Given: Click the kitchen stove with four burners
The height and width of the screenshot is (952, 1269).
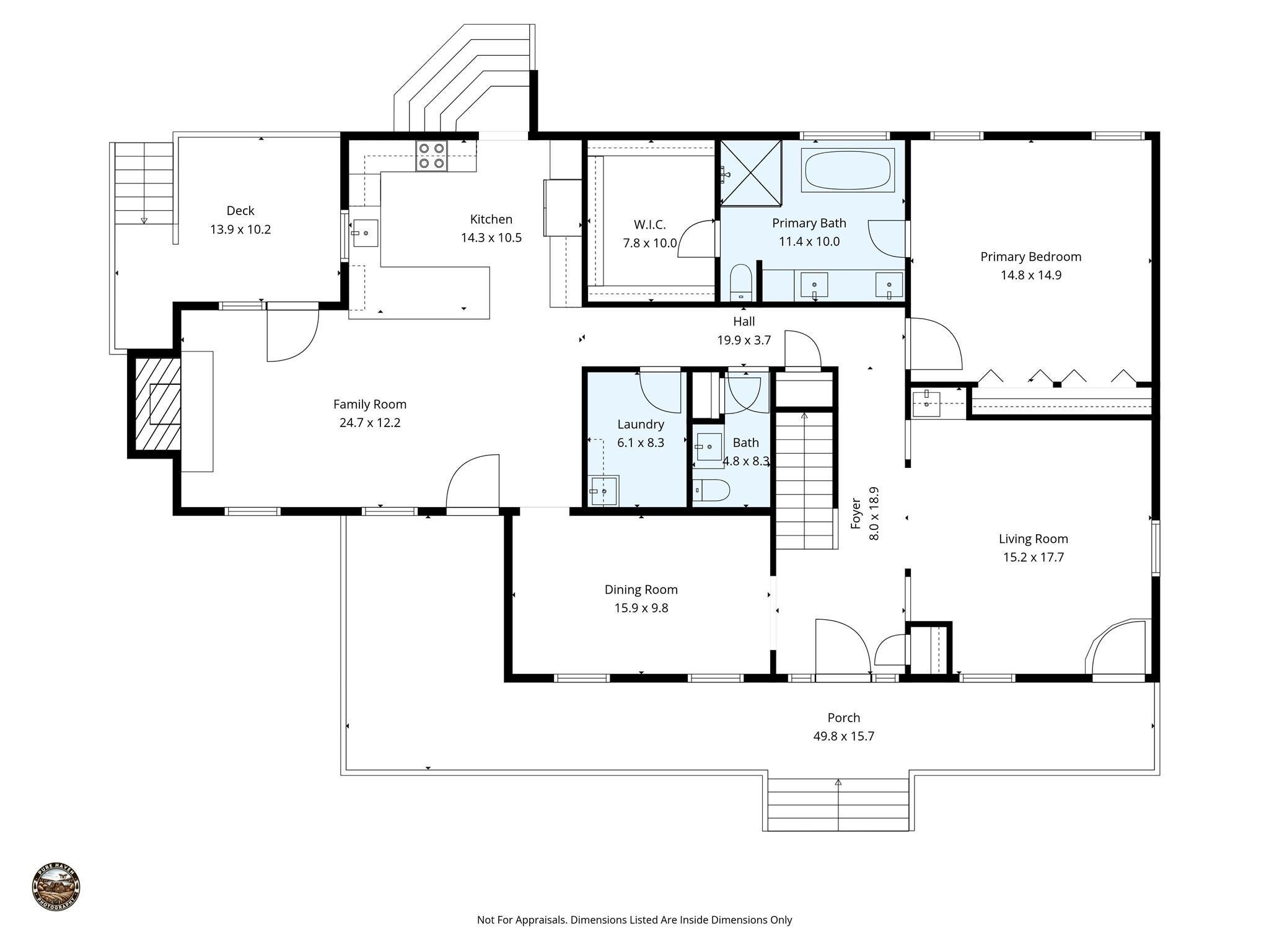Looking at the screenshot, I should (431, 156).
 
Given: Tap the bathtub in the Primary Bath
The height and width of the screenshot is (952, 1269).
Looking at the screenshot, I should (848, 170).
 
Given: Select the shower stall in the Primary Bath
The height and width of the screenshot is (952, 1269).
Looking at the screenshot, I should (750, 173).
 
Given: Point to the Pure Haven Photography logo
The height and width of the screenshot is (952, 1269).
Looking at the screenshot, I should (56, 887).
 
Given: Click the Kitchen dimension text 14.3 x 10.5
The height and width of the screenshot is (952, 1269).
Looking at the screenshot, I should (491, 238).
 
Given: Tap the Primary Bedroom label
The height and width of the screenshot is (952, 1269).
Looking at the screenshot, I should (1030, 257).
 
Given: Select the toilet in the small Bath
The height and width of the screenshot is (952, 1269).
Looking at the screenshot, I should (711, 490).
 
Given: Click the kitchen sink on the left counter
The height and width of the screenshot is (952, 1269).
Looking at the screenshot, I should (365, 233).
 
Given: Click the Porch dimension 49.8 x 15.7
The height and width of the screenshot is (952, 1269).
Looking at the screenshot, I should (843, 736).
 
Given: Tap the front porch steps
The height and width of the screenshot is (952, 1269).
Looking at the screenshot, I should (838, 805).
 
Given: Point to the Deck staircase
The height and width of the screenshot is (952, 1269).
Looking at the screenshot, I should (144, 183).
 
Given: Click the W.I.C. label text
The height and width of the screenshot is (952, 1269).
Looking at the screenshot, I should (649, 224).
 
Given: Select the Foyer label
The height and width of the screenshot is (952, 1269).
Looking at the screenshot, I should (856, 513).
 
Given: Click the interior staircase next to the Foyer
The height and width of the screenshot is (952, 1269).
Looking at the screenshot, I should (804, 480).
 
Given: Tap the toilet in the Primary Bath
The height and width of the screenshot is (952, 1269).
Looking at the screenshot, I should (740, 282).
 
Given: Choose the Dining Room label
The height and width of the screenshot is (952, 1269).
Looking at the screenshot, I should (641, 589).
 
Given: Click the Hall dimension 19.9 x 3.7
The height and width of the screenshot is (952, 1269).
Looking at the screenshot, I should (744, 340).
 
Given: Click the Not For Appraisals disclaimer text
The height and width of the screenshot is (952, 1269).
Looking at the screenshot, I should (634, 920).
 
